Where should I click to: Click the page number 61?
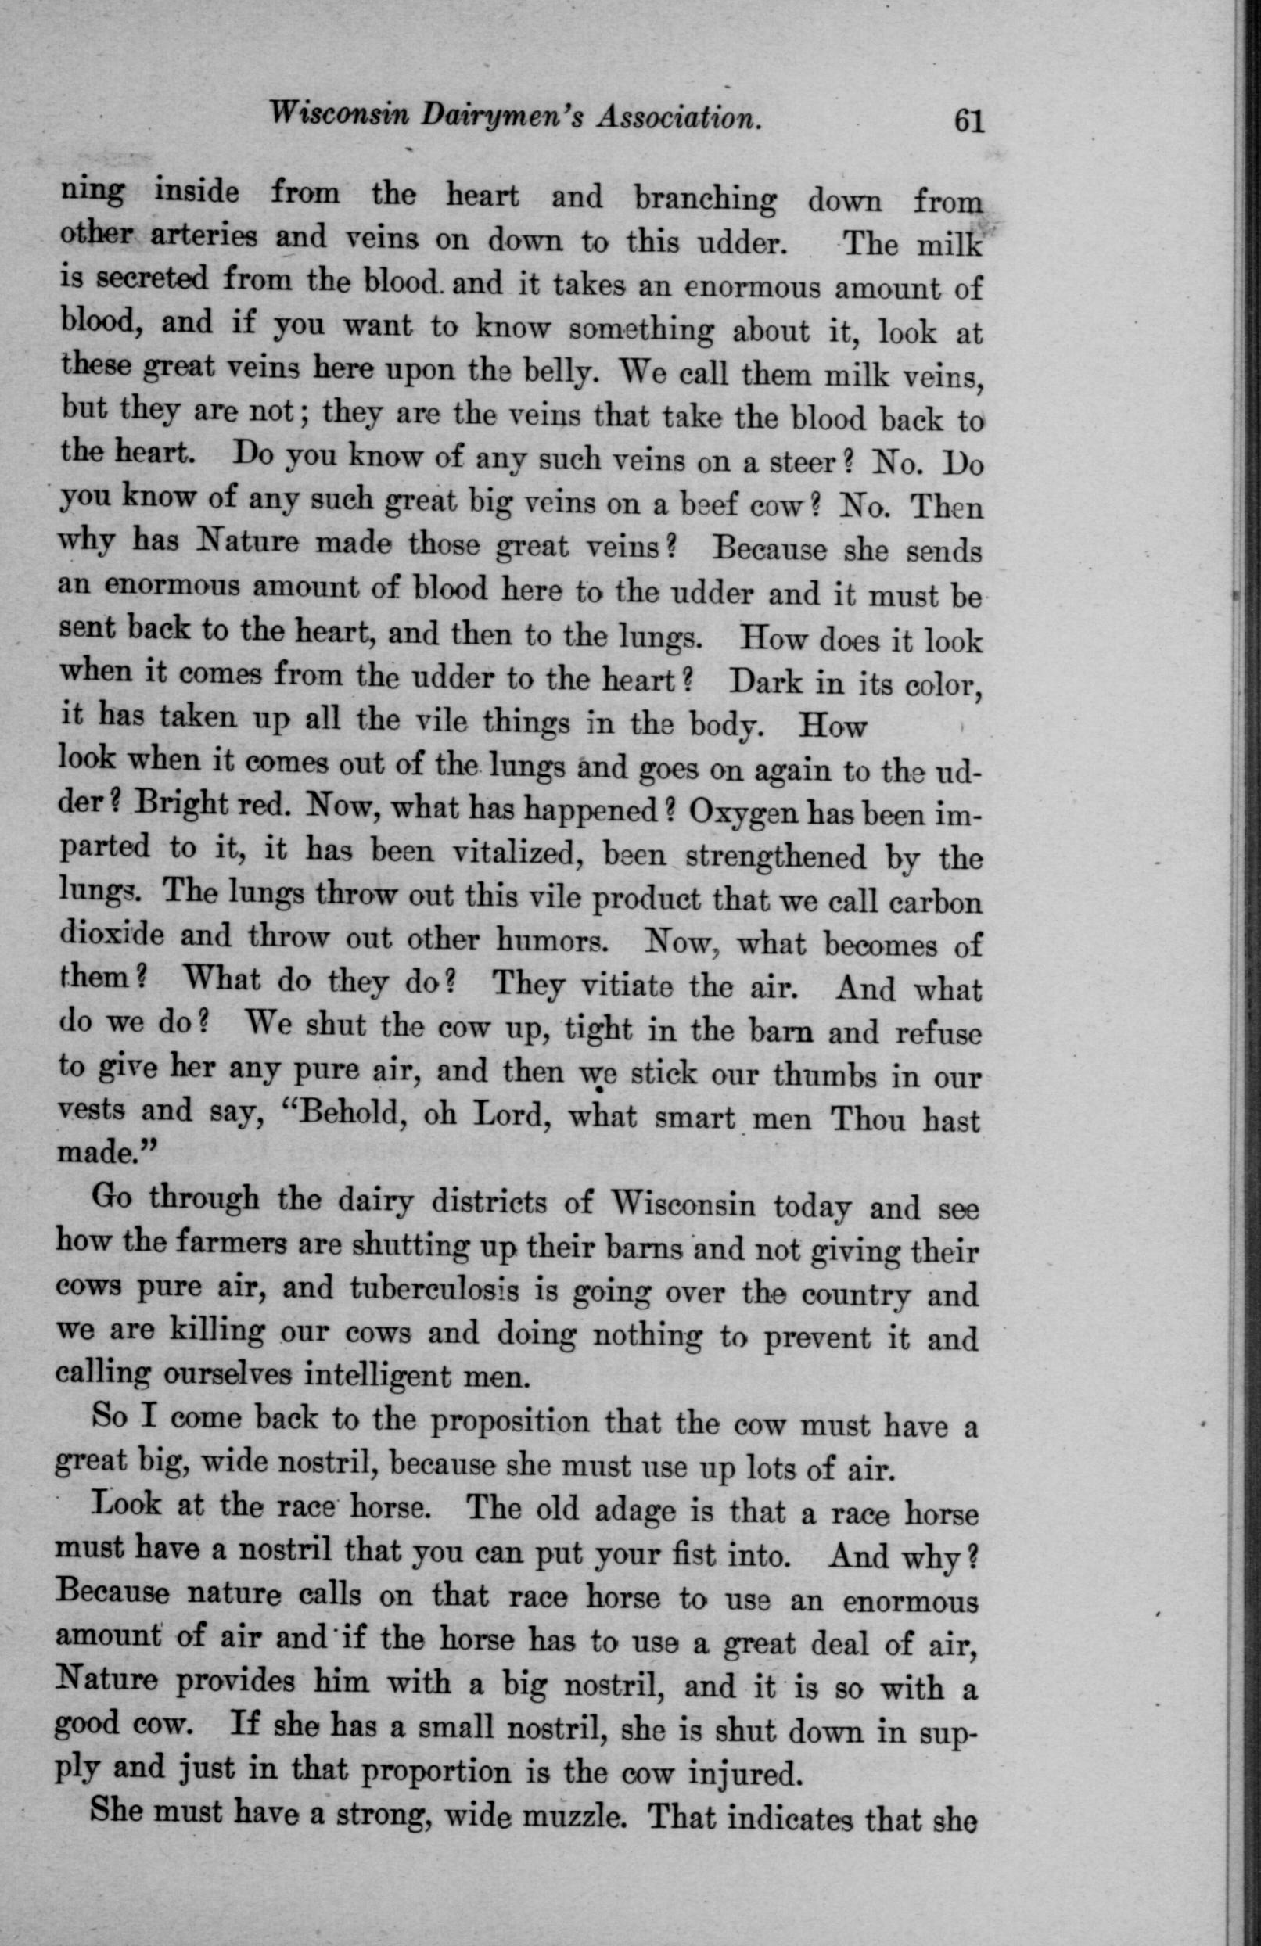tap(967, 122)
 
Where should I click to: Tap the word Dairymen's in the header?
tap(490, 116)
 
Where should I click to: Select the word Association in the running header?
tap(680, 119)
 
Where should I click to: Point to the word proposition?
tap(508, 1422)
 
